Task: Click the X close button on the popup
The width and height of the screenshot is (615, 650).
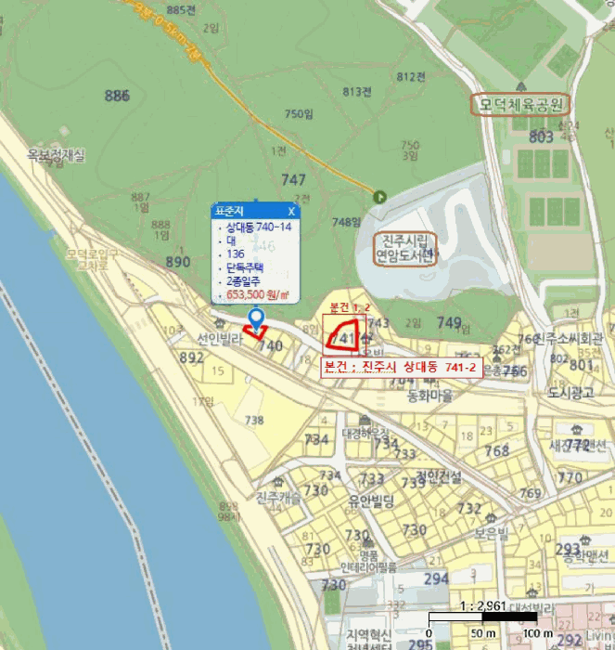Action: pyautogui.click(x=290, y=212)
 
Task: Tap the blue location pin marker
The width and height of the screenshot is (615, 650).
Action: pyautogui.click(x=257, y=321)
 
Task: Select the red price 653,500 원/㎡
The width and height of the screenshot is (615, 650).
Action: pyautogui.click(x=257, y=295)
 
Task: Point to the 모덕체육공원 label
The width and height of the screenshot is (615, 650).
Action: pyautogui.click(x=521, y=105)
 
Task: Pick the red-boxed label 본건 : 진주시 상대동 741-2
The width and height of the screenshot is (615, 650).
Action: pyautogui.click(x=400, y=368)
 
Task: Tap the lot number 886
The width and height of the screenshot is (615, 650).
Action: pyautogui.click(x=117, y=96)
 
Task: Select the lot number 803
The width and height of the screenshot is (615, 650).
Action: pyautogui.click(x=540, y=137)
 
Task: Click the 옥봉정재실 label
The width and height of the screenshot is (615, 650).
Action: pyautogui.click(x=56, y=155)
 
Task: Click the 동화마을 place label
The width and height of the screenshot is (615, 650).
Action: pyautogui.click(x=429, y=395)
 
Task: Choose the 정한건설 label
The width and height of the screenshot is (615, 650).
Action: pyautogui.click(x=438, y=476)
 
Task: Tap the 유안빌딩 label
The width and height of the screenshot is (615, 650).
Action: pyautogui.click(x=371, y=501)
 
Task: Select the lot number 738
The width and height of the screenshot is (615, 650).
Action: pyautogui.click(x=253, y=421)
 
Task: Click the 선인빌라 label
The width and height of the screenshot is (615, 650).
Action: pyautogui.click(x=220, y=339)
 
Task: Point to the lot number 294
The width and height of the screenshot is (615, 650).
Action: pyautogui.click(x=436, y=578)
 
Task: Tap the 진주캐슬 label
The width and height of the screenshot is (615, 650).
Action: pyautogui.click(x=279, y=497)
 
